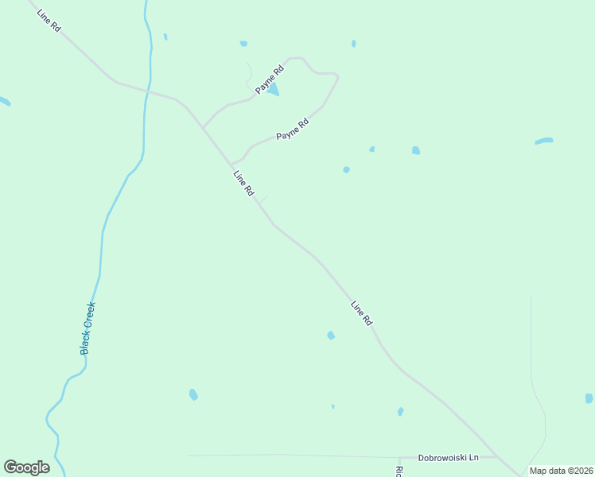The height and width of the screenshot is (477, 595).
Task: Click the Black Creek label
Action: click(87, 328)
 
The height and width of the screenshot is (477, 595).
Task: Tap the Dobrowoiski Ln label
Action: click(449, 458)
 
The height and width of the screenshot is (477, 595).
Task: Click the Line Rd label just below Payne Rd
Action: click(243, 183)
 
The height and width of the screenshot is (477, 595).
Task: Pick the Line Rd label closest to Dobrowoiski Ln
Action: click(362, 313)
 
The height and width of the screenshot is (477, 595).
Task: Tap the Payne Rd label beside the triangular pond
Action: click(270, 80)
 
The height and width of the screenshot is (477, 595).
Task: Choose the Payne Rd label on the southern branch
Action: click(292, 130)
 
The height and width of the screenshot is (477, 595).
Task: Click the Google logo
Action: click(26, 467)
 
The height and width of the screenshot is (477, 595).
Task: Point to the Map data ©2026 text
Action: click(561, 471)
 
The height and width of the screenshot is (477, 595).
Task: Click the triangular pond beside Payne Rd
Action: click(273, 91)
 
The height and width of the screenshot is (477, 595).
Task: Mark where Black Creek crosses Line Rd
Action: click(148, 91)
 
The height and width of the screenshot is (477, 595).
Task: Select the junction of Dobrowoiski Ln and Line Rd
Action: click(497, 456)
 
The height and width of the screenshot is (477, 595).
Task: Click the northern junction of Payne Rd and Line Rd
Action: click(204, 127)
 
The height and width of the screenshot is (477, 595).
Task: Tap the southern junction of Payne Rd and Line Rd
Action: click(231, 165)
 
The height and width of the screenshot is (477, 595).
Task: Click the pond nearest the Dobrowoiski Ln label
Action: click(400, 412)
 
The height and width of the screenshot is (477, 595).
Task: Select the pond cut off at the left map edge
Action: click(4, 101)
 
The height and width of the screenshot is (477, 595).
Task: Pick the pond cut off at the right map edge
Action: click(589, 398)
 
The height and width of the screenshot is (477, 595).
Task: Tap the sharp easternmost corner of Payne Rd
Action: click(337, 76)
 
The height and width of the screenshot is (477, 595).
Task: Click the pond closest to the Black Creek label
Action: click(193, 394)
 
